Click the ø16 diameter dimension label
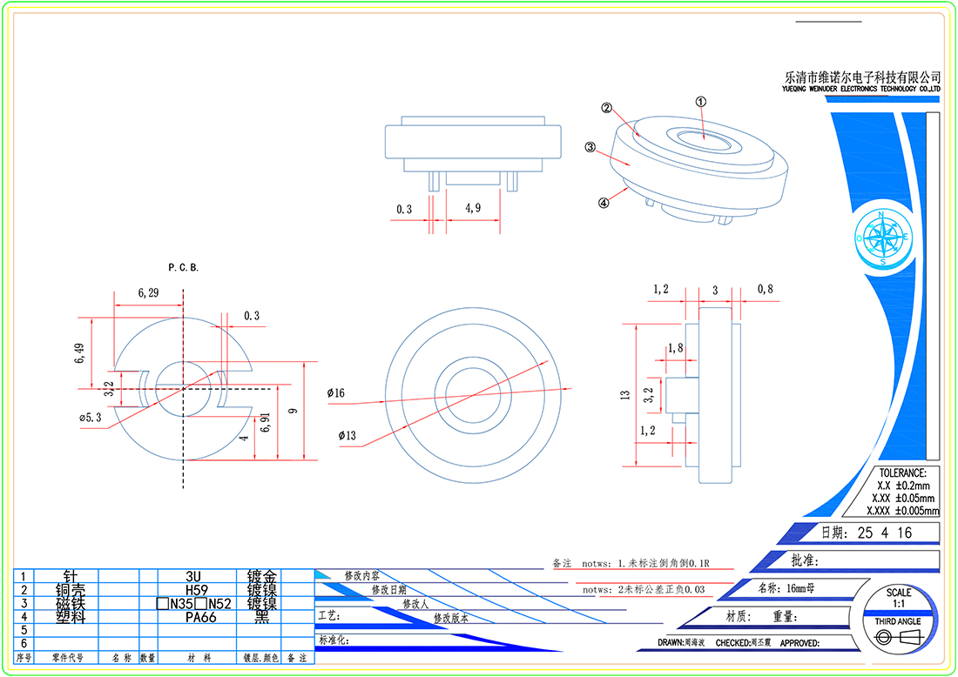pyautogui.click(x=336, y=394)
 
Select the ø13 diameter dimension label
pyautogui.click(x=347, y=435)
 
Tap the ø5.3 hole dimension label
pyautogui.click(x=91, y=418)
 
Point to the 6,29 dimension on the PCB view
pyautogui.click(x=148, y=293)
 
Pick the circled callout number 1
pyautogui.click(x=700, y=101)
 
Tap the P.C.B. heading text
pyautogui.click(x=183, y=267)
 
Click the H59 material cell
pyautogui.click(x=193, y=590)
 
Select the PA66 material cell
pyautogui.click(x=193, y=617)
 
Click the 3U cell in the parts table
pyautogui.click(x=193, y=576)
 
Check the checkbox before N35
pyautogui.click(x=163, y=604)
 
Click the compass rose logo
pyautogui.click(x=884, y=237)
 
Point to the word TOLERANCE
pyautogui.click(x=902, y=473)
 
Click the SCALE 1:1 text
pyautogui.click(x=899, y=598)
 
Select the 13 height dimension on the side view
pyautogui.click(x=624, y=395)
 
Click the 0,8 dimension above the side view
pyautogui.click(x=765, y=288)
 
